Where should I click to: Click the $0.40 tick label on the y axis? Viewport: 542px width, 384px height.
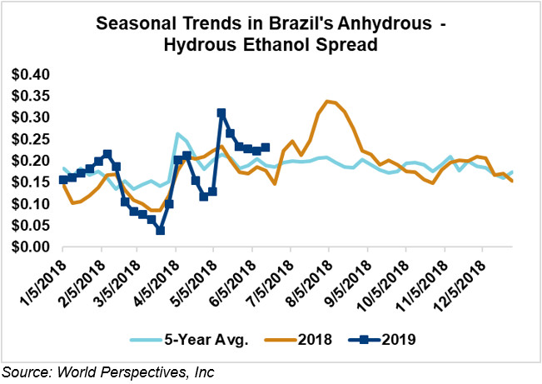tap(31, 74)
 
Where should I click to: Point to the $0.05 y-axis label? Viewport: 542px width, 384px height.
tap(31, 226)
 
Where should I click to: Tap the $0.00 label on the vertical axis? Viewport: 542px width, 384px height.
tap(31, 247)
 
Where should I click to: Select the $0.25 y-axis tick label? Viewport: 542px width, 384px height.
tap(31, 139)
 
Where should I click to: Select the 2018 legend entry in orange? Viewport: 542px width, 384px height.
tap(300, 341)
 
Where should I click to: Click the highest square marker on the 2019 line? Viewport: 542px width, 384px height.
tap(221, 112)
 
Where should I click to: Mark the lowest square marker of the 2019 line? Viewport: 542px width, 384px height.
tap(160, 230)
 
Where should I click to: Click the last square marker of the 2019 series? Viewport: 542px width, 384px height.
tap(266, 147)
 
